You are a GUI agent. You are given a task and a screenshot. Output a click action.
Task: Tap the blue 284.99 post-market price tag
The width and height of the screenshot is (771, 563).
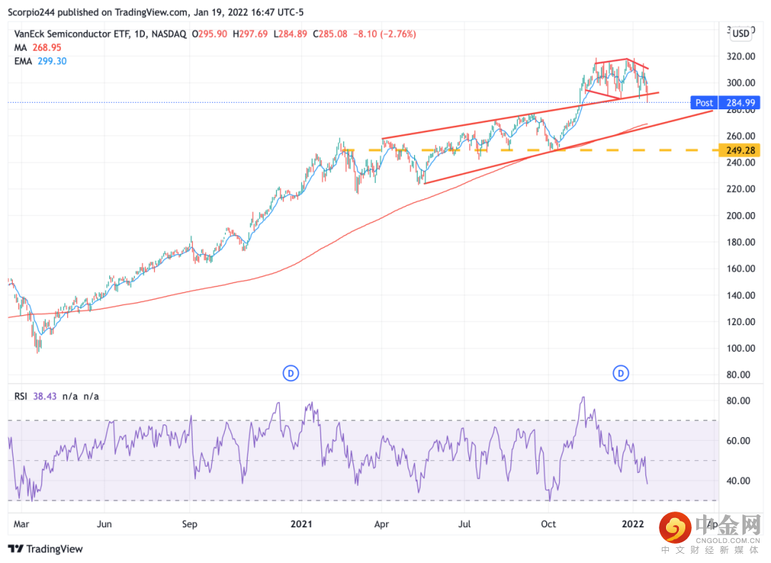coord(742,103)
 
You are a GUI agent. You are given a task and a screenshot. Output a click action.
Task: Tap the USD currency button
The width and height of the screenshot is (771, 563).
coord(741,33)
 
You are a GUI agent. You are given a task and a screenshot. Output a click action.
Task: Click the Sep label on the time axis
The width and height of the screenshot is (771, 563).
coord(189,524)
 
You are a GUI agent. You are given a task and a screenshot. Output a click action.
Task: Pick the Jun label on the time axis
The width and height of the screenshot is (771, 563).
coord(104,524)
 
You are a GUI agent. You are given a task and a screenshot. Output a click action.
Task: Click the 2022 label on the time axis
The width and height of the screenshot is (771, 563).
coord(633,524)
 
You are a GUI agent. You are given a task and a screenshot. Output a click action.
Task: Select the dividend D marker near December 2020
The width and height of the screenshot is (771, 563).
coord(291,372)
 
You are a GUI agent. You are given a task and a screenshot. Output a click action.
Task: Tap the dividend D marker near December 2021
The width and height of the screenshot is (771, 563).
coord(622,372)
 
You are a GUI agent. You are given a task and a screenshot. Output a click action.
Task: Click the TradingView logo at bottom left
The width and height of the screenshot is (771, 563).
coord(46,549)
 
